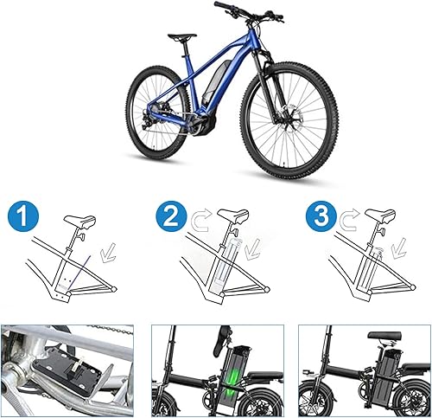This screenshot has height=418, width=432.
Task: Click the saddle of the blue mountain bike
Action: click(x=181, y=36)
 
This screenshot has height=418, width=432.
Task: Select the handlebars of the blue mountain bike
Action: click(x=251, y=10)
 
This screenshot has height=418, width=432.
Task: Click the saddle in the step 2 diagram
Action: click(x=232, y=215)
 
